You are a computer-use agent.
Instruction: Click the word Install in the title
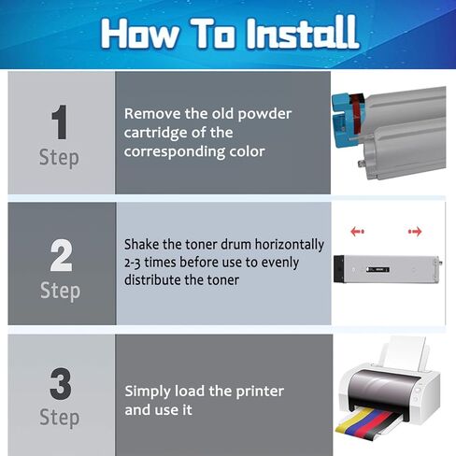(303, 33)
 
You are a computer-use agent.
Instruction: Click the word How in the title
(140, 33)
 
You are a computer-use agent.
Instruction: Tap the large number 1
(59, 122)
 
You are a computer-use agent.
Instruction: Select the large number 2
(61, 255)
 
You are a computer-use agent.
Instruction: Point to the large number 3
(61, 384)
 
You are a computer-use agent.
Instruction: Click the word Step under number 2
(60, 292)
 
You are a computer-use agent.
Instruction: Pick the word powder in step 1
(264, 114)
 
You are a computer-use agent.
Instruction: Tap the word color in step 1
(247, 151)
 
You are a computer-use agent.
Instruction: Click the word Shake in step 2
(141, 244)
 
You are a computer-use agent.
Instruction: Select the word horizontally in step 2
(290, 245)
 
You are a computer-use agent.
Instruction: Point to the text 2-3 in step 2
(132, 264)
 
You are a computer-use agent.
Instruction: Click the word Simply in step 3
(148, 392)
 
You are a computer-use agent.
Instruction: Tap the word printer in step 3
(260, 392)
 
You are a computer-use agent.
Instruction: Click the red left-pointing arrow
(357, 232)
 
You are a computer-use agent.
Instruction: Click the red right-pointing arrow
(415, 232)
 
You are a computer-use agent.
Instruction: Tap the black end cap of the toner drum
(338, 269)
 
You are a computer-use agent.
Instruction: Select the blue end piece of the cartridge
(341, 120)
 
